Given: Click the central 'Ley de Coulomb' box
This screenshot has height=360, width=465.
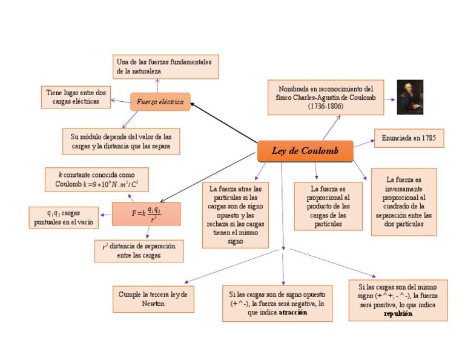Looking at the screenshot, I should pyautogui.click(x=305, y=151).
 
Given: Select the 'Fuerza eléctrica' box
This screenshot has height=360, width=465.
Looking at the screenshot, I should pyautogui.click(x=160, y=102).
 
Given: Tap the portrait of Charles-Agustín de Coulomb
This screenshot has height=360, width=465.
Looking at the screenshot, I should pyautogui.click(x=409, y=97).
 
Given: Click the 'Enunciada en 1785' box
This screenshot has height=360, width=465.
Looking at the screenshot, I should pyautogui.click(x=409, y=138).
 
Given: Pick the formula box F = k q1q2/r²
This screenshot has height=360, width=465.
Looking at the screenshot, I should pyautogui.click(x=146, y=214).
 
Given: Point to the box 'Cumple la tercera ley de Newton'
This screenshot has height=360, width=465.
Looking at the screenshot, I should pyautogui.click(x=153, y=299).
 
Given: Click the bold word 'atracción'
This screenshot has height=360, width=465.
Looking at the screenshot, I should pyautogui.click(x=293, y=313).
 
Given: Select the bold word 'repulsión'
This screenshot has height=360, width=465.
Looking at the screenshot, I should pyautogui.click(x=398, y=314).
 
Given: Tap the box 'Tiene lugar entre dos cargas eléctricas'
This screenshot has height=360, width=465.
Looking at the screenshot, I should pyautogui.click(x=76, y=97).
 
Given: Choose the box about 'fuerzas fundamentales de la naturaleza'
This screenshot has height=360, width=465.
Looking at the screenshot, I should pyautogui.click(x=165, y=67).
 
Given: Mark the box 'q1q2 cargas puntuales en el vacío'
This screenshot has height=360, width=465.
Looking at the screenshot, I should pyautogui.click(x=63, y=218).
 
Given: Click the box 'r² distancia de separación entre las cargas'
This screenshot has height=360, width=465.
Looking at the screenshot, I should pyautogui.click(x=139, y=251).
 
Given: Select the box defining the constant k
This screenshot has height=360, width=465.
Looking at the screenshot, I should pyautogui.click(x=96, y=179).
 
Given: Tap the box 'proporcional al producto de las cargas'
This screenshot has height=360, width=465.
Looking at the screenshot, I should pyautogui.click(x=328, y=206).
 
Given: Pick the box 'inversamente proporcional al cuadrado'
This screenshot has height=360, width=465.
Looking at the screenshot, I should pyautogui.click(x=403, y=202).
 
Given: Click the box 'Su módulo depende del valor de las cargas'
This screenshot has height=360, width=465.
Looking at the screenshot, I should pyautogui.click(x=120, y=141).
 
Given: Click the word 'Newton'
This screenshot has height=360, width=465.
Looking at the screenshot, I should pyautogui.click(x=153, y=304).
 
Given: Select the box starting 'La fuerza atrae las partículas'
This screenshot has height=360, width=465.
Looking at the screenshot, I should pyautogui.click(x=235, y=215).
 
